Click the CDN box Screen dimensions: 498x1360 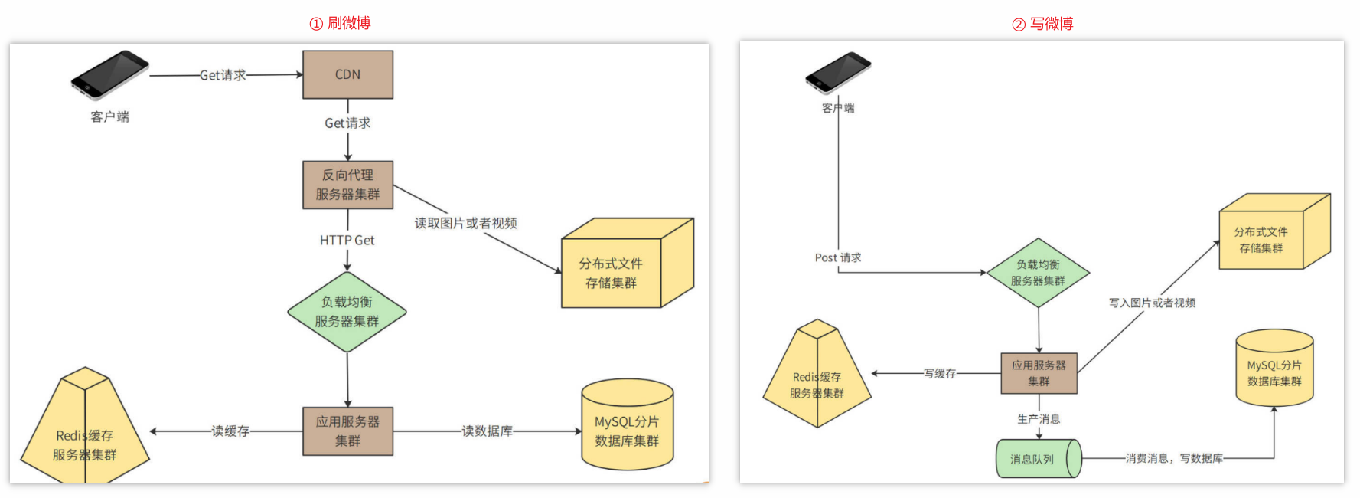click(x=347, y=74)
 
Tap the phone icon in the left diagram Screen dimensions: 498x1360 click(x=109, y=74)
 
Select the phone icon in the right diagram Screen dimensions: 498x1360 click(x=838, y=72)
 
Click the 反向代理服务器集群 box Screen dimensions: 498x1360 click(x=347, y=185)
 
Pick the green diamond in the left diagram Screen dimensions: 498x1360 click(x=347, y=312)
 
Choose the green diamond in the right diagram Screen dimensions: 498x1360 click(x=1038, y=273)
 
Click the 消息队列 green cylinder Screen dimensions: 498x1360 click(x=1038, y=458)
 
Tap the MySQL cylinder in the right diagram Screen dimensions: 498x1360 click(x=1274, y=369)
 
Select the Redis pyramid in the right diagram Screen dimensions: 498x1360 click(x=817, y=377)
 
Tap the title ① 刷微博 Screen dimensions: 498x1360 click(x=340, y=23)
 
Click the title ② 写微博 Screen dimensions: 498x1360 click(x=1042, y=24)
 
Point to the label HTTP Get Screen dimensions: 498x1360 click(x=347, y=241)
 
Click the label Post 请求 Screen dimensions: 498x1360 click(x=837, y=257)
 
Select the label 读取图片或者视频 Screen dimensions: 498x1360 click(x=465, y=223)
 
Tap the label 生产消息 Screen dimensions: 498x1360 click(x=1039, y=419)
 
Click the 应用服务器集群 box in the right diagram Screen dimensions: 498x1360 click(x=1039, y=373)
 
